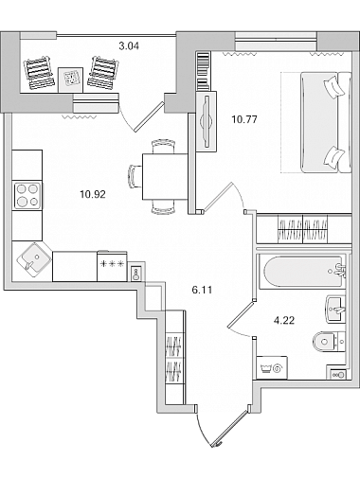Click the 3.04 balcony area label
point(129,46)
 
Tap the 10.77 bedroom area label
point(244,119)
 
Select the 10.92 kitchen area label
point(93,194)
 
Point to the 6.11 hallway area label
point(202,290)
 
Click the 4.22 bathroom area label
point(284,321)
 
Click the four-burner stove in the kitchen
point(27,196)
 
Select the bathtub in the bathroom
point(302,272)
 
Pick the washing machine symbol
point(272,367)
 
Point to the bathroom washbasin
point(335,310)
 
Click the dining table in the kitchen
point(165,176)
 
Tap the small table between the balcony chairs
point(70,80)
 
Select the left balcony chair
point(38,73)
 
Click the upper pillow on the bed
point(333,87)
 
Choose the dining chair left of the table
point(135,176)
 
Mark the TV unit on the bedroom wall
point(207,121)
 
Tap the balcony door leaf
point(150,116)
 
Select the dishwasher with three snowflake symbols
point(112,266)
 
